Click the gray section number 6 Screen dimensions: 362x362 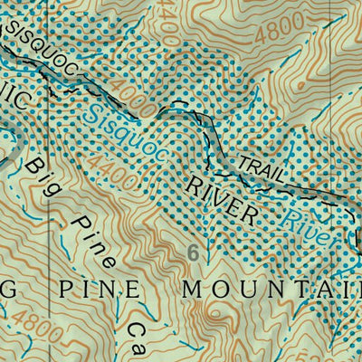point(193,253)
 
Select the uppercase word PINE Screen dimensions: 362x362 point(94,290)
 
